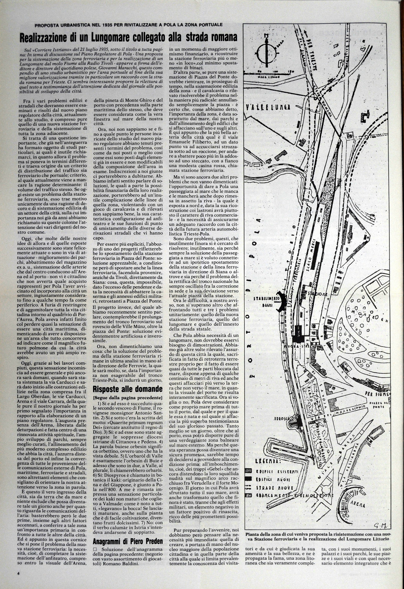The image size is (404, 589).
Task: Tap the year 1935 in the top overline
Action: (x=110, y=25)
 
